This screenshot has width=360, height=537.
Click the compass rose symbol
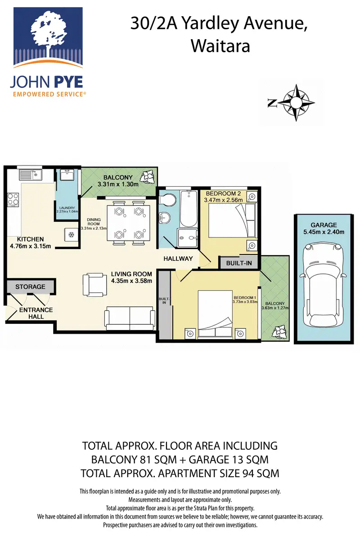pyautogui.click(x=296, y=103)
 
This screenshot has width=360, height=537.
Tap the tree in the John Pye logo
pyautogui.click(x=48, y=32)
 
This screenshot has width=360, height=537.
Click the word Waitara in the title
pyautogui.click(x=220, y=46)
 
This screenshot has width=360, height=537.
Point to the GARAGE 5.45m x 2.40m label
pyautogui.click(x=324, y=228)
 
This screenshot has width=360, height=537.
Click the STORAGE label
pyautogui.click(x=30, y=286)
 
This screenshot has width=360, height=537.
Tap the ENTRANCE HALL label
pyautogui.click(x=36, y=313)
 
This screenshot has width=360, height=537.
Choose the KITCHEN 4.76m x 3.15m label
pyautogui.click(x=31, y=242)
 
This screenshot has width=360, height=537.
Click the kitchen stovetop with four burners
pyautogui.click(x=13, y=199)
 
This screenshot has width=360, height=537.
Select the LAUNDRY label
pyautogui.click(x=67, y=208)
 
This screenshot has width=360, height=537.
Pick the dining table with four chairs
pyautogui.click(x=128, y=223)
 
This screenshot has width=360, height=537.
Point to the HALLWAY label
pyautogui.click(x=178, y=259)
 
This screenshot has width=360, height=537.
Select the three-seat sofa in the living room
pyautogui.click(x=130, y=318)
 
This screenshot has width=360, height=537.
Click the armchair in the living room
pyautogui.click(x=94, y=284)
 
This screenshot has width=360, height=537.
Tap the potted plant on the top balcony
pyautogui.click(x=148, y=177)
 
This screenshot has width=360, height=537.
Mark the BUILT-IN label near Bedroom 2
pyautogui.click(x=239, y=263)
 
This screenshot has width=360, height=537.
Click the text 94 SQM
pyautogui.click(x=261, y=473)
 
